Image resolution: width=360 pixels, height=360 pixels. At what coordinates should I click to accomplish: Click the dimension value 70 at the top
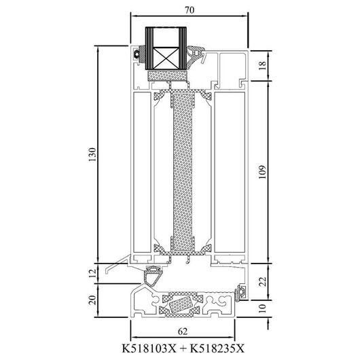tap(190, 10)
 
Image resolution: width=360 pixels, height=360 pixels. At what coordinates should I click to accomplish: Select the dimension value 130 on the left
tap(92, 154)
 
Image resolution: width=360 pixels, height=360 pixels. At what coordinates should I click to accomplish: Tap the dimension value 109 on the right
tap(262, 172)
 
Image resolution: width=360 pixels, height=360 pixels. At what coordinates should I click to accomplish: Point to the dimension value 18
tap(263, 65)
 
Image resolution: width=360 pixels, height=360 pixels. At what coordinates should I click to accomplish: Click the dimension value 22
tap(263, 281)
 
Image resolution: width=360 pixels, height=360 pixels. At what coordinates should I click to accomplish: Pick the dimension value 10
tap(262, 308)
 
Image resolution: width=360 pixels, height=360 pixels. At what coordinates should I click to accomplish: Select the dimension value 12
tap(92, 274)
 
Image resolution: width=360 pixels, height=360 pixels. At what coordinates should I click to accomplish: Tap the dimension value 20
tap(92, 300)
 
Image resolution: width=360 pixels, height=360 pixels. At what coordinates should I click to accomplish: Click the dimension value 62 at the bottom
tap(183, 331)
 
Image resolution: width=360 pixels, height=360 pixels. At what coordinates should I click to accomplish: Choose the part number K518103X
tap(149, 348)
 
